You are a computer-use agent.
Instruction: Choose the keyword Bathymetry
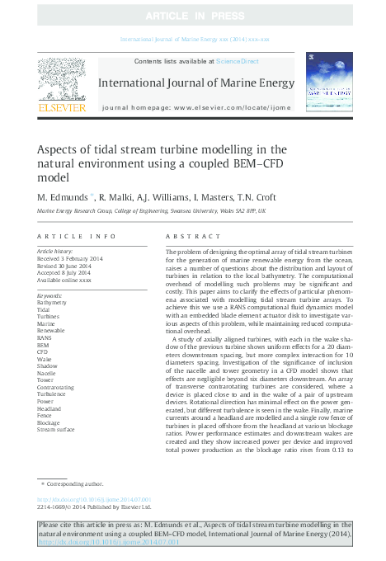tap(54, 302)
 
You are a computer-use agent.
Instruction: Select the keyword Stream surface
tap(57, 430)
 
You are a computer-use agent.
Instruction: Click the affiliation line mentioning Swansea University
tap(153, 211)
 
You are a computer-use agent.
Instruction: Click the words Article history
tap(55, 249)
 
